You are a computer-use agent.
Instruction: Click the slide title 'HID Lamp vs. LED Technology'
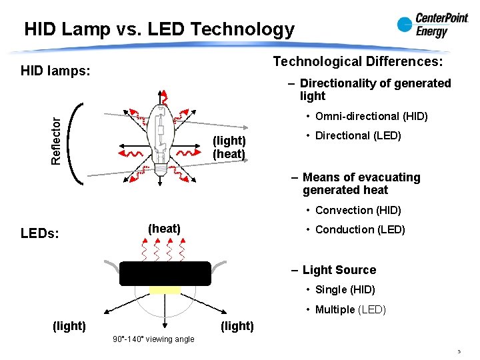tap(159, 29)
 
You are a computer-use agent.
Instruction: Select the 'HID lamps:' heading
tap(55, 70)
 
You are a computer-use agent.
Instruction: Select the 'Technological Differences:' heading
tap(357, 61)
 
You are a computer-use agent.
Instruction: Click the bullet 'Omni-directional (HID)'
tap(371, 117)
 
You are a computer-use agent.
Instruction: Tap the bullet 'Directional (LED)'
tap(358, 136)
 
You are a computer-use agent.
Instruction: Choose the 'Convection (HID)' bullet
tap(358, 211)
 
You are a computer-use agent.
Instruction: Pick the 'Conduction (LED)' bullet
tap(360, 230)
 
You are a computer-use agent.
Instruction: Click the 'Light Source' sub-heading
tap(339, 270)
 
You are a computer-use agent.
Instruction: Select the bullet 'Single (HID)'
tap(345, 290)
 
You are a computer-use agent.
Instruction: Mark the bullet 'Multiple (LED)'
tap(350, 309)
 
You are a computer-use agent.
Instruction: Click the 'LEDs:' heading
tap(40, 234)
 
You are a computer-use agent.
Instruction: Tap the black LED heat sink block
tap(165, 273)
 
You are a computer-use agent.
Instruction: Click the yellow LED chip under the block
tap(165, 290)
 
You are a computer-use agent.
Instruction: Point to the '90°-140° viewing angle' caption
tap(154, 339)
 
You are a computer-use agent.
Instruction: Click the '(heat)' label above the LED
tap(164, 229)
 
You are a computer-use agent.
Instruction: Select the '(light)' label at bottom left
tap(69, 325)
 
